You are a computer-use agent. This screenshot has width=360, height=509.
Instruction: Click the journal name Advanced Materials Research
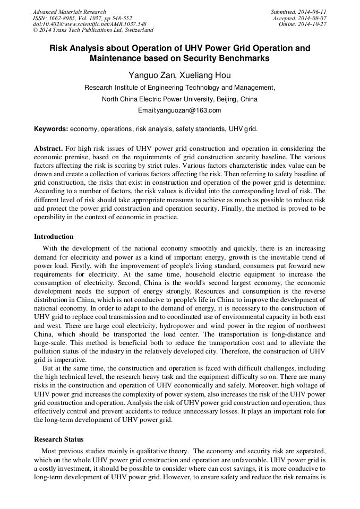pyautogui.click(x=70, y=12)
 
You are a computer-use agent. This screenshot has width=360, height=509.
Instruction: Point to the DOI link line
pyautogui.click(x=90, y=24)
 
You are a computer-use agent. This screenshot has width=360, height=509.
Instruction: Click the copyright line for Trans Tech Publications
pyautogui.click(x=93, y=30)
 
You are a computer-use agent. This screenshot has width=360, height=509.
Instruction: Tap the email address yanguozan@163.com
pyautogui.click(x=179, y=110)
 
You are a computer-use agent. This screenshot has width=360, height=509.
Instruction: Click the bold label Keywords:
pyautogui.click(x=51, y=129)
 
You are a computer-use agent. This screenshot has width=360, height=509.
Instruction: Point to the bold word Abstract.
pyautogui.click(x=48, y=149)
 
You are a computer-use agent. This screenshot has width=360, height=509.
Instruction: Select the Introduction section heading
pyautogui.click(x=54, y=237)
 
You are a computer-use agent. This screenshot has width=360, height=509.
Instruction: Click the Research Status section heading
pyautogui.click(x=58, y=439)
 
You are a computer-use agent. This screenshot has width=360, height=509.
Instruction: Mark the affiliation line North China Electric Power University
pyautogui.click(x=179, y=99)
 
